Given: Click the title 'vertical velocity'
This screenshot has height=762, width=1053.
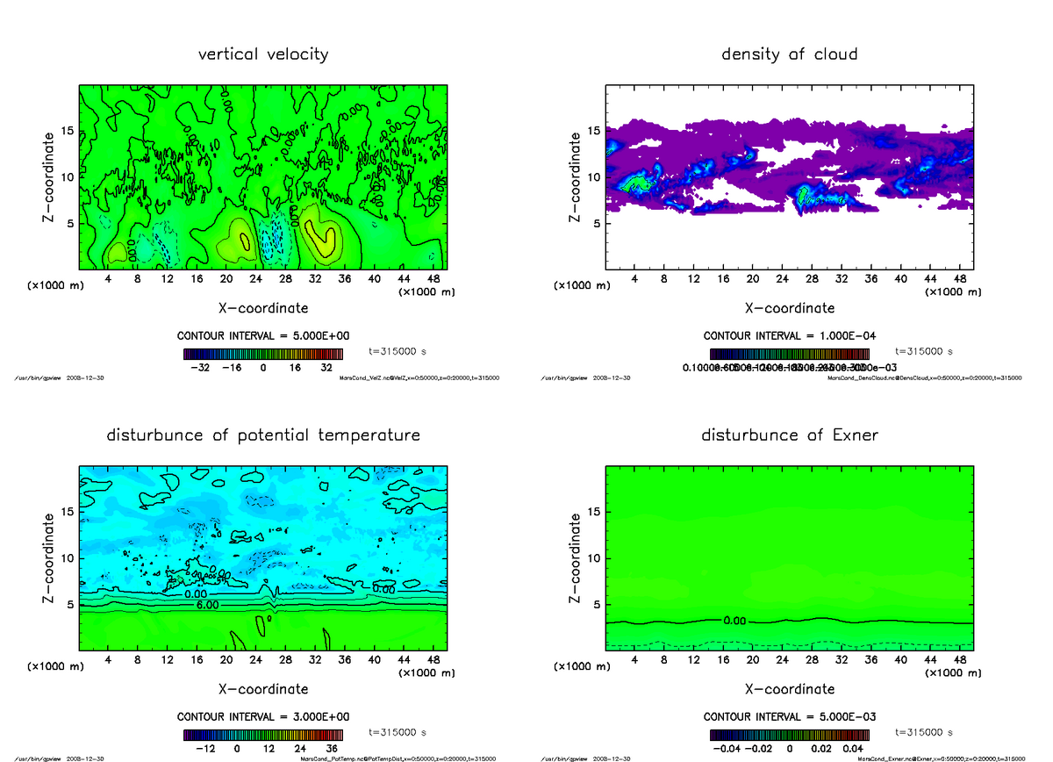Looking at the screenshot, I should pos(263,54).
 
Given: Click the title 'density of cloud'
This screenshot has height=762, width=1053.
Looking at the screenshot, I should pos(789,54).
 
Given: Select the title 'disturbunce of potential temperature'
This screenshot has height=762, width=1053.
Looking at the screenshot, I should pos(263,435).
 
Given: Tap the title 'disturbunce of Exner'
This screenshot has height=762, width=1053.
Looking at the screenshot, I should pos(789,435).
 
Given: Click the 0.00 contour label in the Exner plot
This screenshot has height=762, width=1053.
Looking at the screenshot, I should pos(734,621).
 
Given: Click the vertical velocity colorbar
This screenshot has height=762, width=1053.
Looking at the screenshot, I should pos(263,354).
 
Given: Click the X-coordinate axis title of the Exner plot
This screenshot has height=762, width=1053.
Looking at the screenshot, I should pos(789,689).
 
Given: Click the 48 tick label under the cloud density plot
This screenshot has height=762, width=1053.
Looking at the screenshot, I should pos(959,279).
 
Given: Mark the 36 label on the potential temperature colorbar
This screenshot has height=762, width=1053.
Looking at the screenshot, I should pos(332,749).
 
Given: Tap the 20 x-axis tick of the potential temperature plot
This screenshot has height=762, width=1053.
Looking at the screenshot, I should pos(226,659).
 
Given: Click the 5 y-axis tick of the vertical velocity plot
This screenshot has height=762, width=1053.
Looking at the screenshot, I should pos(70,224).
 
